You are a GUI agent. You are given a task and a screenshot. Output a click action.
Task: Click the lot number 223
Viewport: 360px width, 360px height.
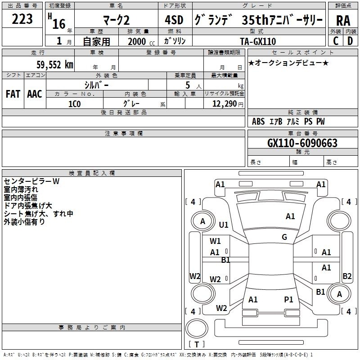point(22,19)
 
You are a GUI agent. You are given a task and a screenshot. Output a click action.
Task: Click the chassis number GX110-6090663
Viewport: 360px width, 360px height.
point(302,143)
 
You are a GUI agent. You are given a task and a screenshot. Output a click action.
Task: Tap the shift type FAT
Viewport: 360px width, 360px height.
point(13,94)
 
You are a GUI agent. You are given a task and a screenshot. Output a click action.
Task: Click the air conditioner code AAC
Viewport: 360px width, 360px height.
point(35,94)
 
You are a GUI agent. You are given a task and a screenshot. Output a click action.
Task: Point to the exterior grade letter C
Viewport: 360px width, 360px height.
point(336,41)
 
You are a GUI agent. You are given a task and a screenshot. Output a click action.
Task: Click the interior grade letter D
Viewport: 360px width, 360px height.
point(350,41)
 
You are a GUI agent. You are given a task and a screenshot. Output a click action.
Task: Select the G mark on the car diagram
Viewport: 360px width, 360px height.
point(284,237)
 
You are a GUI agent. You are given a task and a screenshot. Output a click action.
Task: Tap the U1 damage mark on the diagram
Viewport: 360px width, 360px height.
point(224,225)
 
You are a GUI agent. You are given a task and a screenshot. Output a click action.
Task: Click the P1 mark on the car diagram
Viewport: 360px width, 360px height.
point(288,299)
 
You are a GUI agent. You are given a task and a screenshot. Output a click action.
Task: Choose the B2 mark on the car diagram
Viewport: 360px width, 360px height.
point(347,276)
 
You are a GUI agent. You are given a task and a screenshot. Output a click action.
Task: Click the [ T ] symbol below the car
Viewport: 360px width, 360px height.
point(197,345)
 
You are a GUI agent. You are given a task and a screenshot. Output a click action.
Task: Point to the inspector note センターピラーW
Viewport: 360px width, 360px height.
point(31,181)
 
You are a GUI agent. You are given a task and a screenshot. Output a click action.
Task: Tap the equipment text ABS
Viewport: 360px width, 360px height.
point(258,121)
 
